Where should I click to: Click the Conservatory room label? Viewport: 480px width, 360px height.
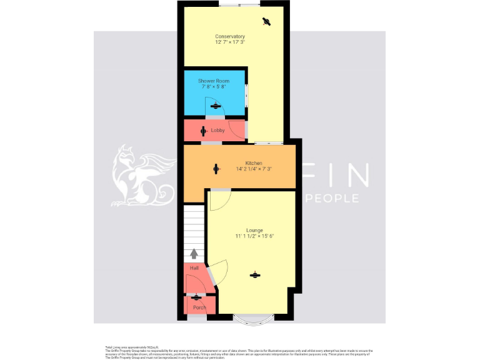coord(230,36)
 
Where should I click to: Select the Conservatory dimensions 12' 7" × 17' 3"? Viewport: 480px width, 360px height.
coord(230,42)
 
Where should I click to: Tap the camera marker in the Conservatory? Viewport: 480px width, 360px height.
coord(267,22)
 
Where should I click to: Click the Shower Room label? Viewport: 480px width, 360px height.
coord(214,81)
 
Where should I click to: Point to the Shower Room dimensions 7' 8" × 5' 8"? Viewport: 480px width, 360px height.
coord(214,87)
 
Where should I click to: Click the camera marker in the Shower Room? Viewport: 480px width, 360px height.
coord(216,106)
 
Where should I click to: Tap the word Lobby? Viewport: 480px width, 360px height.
coord(217,131)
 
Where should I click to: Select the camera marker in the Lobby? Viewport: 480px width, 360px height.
coord(203,131)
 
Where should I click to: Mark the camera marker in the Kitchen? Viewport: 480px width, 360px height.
coord(216,168)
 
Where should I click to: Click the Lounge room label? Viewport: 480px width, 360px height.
coord(254,230)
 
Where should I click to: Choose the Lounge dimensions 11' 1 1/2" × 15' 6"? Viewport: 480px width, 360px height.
coord(255,236)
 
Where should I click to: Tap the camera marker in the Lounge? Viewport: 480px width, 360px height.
coord(254,275)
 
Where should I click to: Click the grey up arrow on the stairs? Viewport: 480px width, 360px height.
coord(194,253)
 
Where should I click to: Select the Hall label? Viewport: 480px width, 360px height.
coord(194,268)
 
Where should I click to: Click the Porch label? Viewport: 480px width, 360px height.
coord(199,307)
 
